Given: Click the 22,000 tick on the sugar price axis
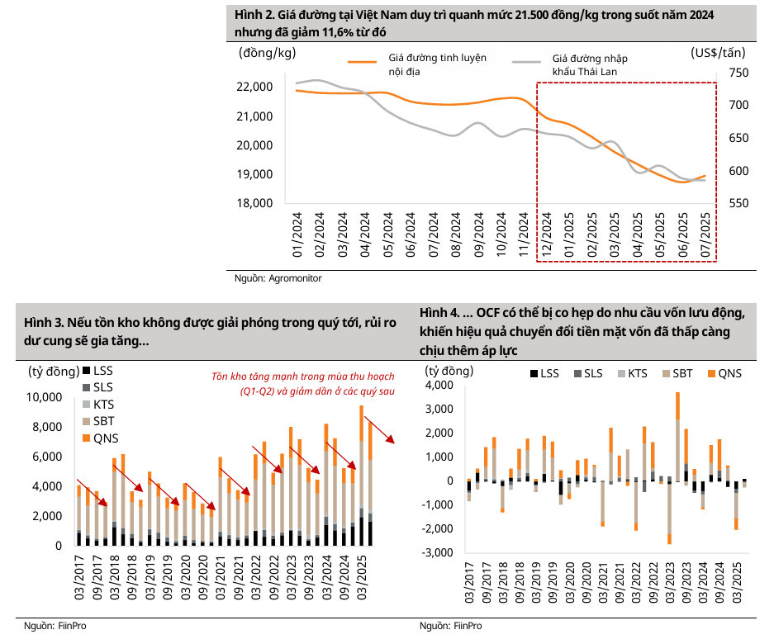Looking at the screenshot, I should (255, 87).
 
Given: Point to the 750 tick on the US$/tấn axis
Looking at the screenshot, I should (738, 73).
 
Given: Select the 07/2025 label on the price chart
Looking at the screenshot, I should (706, 236).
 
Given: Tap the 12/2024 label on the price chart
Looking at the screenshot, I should (546, 236).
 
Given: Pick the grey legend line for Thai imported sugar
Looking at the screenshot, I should (528, 60).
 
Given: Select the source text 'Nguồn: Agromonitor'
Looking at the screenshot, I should (278, 278).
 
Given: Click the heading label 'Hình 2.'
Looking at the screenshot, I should (258, 16).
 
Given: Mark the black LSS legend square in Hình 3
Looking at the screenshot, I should (86, 371).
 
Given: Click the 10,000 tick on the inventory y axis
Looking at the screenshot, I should (45, 397).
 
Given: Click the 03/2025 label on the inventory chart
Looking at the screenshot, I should (362, 573).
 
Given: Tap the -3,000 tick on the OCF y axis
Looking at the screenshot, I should (438, 552).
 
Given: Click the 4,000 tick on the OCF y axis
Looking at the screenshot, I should (439, 385).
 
